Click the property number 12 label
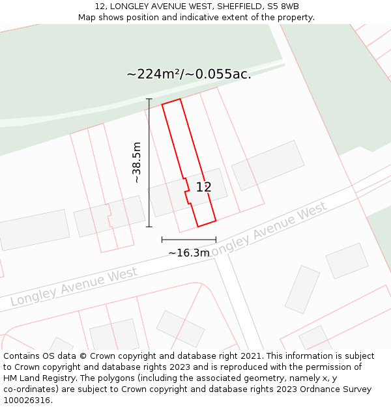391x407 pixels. (204, 188)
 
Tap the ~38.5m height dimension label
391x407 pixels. (137, 162)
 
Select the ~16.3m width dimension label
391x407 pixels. (189, 253)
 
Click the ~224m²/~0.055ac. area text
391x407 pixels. (189, 74)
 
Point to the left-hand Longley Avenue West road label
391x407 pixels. (74, 287)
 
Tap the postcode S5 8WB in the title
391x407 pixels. (282, 7)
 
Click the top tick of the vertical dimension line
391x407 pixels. (149, 99)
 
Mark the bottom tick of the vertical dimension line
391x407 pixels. (149, 227)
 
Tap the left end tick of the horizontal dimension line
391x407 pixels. (162, 240)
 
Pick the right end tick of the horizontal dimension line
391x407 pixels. (216, 240)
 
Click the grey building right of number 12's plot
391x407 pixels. (267, 165)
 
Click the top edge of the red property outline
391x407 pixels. (171, 102)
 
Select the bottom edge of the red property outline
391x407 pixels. (207, 224)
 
